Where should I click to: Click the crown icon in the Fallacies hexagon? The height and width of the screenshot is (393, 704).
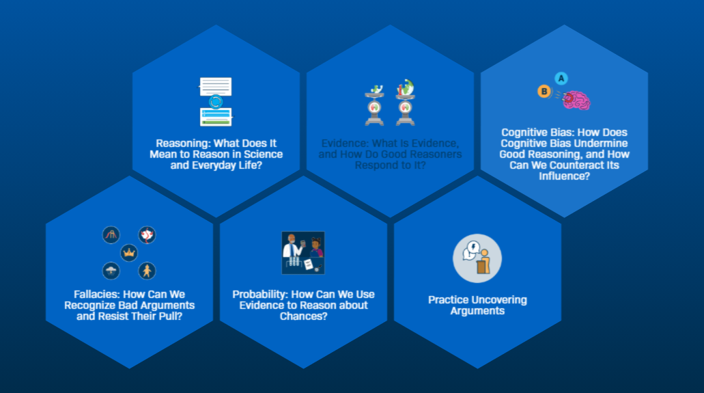[129, 254]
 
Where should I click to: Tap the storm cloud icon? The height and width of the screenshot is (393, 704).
[111, 271]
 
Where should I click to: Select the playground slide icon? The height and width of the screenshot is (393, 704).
[111, 236]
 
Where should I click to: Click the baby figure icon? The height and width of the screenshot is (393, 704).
[147, 271]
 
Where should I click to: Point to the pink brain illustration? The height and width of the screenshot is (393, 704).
[577, 100]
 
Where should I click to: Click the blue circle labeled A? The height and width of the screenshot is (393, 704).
[561, 78]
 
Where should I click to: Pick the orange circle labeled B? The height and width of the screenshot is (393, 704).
[544, 92]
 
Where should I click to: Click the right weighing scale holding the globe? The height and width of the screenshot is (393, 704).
[406, 102]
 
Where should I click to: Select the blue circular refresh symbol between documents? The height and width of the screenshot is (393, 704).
[216, 102]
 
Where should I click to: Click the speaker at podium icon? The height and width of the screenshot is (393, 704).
[477, 258]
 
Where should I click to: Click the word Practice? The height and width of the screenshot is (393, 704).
[449, 300]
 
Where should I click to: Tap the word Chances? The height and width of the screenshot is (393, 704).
[303, 316]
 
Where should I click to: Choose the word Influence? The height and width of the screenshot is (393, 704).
[564, 176]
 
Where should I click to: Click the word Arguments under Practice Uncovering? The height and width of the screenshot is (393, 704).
[477, 311]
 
